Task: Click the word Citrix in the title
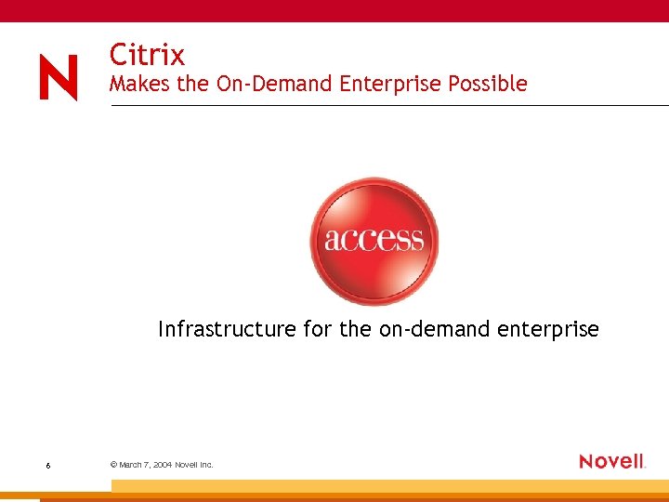(x=147, y=54)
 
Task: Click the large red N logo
(x=59, y=77)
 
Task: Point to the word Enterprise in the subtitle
(x=391, y=85)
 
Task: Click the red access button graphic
(x=374, y=241)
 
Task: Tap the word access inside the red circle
(x=374, y=240)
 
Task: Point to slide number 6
(x=47, y=465)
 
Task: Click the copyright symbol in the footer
(x=112, y=464)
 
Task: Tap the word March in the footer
(x=130, y=464)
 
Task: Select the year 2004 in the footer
(x=164, y=464)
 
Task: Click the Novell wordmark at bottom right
(x=611, y=461)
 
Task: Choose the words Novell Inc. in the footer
(x=196, y=464)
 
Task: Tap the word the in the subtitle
(x=193, y=84)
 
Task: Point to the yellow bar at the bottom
(x=390, y=486)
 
